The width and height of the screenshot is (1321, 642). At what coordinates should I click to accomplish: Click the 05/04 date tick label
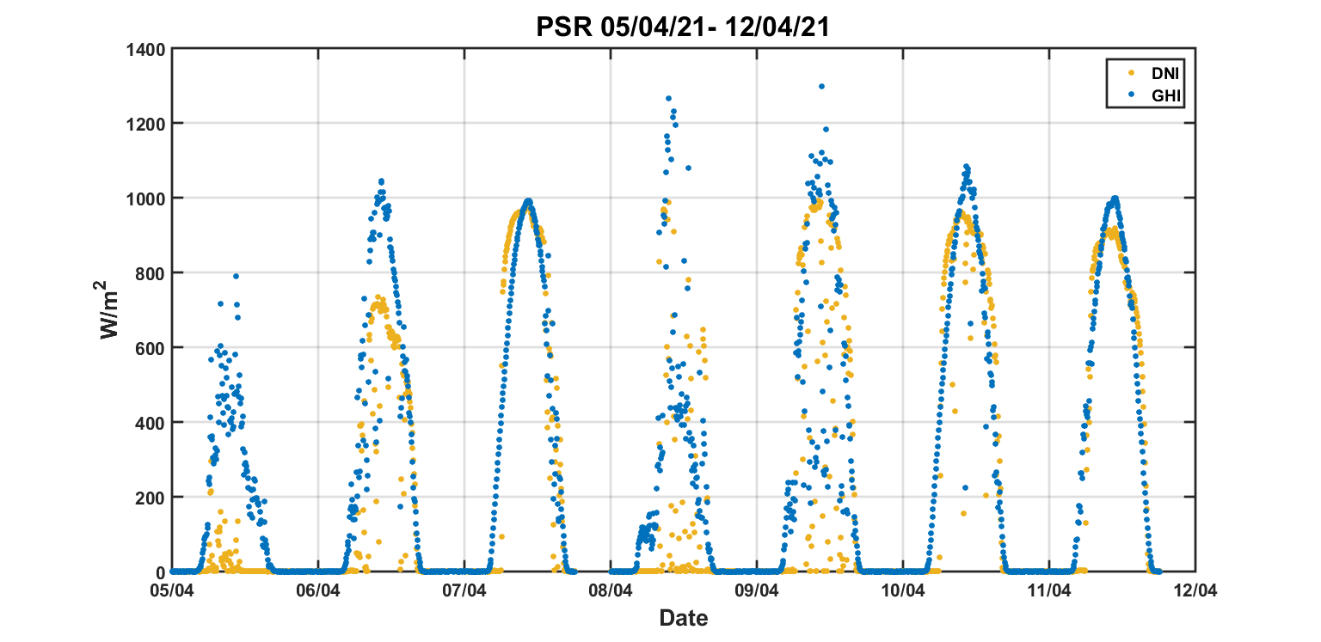tap(172, 591)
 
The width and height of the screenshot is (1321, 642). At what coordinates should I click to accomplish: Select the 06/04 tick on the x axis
tap(318, 591)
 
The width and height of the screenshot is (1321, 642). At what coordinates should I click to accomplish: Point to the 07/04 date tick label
tap(464, 591)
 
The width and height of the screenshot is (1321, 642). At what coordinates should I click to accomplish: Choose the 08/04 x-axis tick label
tap(611, 591)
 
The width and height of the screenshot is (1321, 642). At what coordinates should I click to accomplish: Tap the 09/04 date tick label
tap(757, 591)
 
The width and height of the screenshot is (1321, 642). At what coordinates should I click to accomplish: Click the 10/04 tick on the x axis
tap(903, 591)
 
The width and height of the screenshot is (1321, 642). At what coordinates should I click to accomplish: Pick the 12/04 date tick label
tap(1195, 591)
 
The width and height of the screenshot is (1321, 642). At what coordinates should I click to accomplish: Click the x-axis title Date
tap(684, 617)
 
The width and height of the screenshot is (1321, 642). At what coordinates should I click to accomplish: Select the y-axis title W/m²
tap(110, 309)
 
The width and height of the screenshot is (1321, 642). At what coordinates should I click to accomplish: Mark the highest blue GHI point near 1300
tap(821, 86)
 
